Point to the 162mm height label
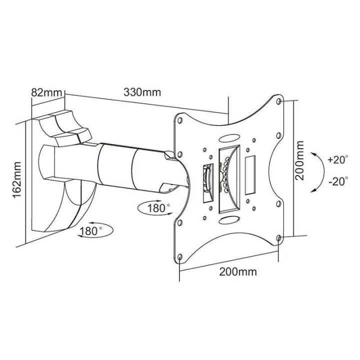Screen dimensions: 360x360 point(18,179)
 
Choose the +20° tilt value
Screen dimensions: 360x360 point(338,160)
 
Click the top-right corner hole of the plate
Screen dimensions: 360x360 point(279,102)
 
